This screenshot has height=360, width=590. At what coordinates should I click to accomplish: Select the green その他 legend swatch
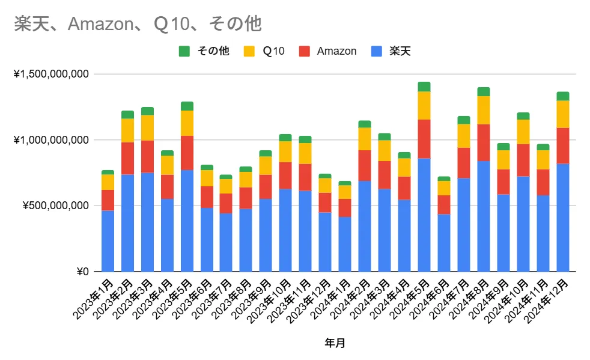pyautogui.click(x=184, y=51)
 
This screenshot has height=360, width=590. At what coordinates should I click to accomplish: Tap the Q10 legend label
pyautogui.click(x=273, y=51)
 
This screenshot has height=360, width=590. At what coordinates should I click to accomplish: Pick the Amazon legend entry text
pyautogui.click(x=336, y=51)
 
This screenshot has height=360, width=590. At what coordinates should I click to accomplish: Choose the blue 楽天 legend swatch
pyautogui.click(x=377, y=51)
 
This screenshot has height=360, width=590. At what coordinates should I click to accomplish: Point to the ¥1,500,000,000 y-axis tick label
pyautogui.click(x=51, y=75)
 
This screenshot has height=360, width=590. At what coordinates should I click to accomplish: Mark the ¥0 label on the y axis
pyautogui.click(x=82, y=272)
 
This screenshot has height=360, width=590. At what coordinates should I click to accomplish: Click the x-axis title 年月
pyautogui.click(x=335, y=343)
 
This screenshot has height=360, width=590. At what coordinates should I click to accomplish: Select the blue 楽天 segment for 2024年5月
pyautogui.click(x=424, y=215)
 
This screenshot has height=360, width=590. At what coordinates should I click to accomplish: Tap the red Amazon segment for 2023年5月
pyautogui.click(x=187, y=153)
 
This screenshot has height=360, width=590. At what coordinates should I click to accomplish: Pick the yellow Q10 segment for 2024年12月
pyautogui.click(x=562, y=114)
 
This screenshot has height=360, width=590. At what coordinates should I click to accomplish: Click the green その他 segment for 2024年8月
pyautogui.click(x=483, y=91)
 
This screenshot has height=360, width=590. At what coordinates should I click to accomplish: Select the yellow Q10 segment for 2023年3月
pyautogui.click(x=147, y=127)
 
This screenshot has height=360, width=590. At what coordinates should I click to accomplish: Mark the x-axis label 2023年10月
pyautogui.click(x=270, y=301)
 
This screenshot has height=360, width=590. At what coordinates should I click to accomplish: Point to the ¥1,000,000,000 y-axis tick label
pyautogui.click(x=51, y=140)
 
